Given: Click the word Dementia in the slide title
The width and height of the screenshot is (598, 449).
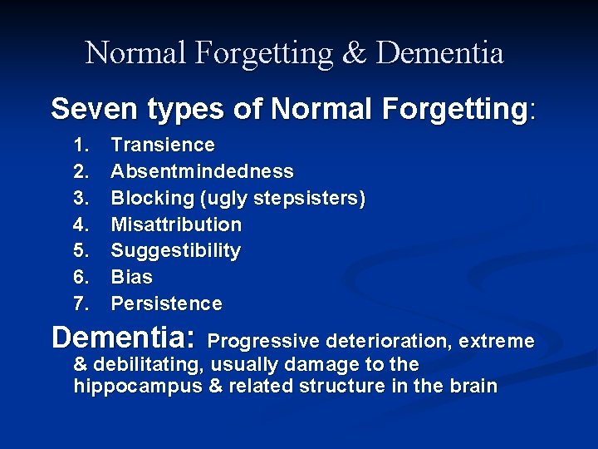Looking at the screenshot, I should (439, 53).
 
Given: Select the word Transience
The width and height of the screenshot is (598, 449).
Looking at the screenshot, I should (163, 145).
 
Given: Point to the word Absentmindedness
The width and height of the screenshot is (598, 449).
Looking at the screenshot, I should (202, 171).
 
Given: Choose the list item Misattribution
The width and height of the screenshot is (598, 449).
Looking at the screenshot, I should (176, 224).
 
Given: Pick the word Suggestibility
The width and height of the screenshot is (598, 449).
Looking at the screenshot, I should (175, 251).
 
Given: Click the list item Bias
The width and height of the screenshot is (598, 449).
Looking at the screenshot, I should (131, 277).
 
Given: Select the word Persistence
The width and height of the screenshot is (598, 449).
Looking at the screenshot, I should (166, 303).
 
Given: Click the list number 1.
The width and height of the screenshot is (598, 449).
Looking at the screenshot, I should (81, 145).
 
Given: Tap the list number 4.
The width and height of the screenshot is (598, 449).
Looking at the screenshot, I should (81, 224).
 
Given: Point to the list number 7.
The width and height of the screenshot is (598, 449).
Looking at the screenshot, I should (81, 303).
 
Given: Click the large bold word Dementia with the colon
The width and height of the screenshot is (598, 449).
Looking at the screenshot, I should (123, 338).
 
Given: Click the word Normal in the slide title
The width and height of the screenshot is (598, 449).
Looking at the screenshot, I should (136, 53).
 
